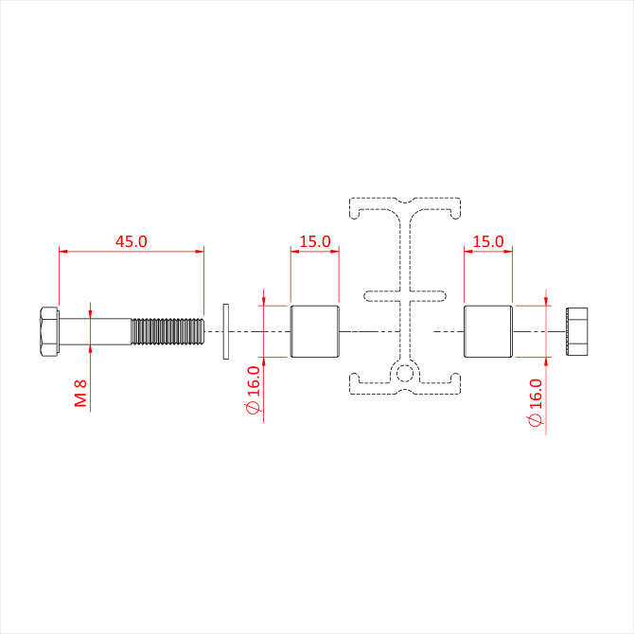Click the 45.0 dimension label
coord(131,241)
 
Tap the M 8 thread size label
coord(80,393)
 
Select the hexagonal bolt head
coord(50,331)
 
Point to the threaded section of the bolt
coord(167,331)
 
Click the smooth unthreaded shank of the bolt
coord(96,331)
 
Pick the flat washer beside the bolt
coord(226,331)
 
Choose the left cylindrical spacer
coord(315,331)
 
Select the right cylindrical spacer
coord(488,331)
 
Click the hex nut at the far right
coord(577,331)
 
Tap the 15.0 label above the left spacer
coord(315,241)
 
